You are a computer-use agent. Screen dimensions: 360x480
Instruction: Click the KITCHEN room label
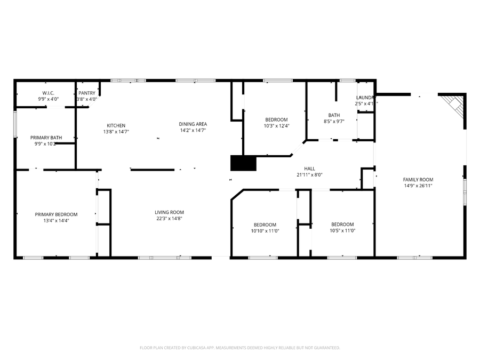point(116,126)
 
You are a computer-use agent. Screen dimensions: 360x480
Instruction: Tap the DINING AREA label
point(193,124)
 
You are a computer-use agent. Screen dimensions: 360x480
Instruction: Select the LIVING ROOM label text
point(169,212)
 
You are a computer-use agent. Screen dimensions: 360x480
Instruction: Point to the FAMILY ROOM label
point(418,180)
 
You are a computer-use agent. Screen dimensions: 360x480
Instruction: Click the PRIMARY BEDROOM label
point(56,214)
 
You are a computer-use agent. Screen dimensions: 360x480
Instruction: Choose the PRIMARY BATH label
point(46,138)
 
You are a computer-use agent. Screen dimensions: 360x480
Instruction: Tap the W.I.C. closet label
point(48,93)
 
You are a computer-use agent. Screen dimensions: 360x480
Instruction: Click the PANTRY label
point(87,93)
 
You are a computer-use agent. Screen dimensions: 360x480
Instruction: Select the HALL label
point(309,169)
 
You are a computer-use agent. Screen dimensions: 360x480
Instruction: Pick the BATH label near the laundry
point(334,115)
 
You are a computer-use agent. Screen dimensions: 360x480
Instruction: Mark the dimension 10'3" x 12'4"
point(276,126)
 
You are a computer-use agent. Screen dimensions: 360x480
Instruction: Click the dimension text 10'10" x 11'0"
point(265,231)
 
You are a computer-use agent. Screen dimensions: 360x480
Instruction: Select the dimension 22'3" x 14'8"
point(169,218)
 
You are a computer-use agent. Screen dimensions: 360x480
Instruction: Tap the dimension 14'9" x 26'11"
point(418,186)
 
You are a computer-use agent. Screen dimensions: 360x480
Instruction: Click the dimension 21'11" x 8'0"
point(309,174)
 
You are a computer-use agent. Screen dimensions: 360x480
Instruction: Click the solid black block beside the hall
point(243,163)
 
